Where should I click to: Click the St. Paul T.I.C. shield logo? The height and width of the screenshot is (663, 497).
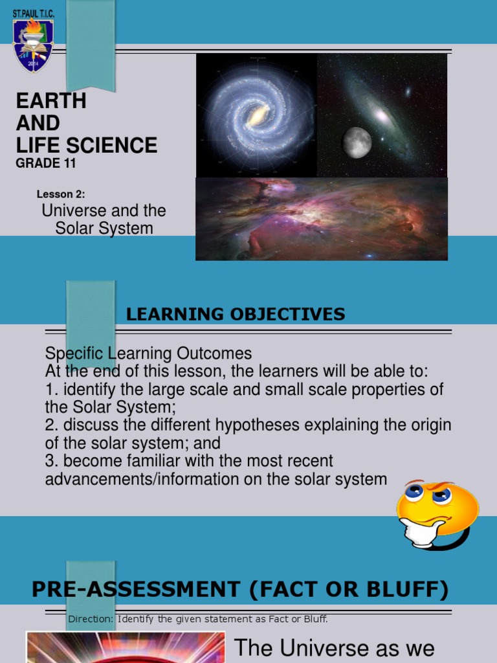[33, 44]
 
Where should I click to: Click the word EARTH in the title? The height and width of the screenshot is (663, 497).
[50, 101]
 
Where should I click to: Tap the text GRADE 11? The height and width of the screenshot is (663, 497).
[45, 163]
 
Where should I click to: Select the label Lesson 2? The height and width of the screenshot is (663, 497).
[61, 194]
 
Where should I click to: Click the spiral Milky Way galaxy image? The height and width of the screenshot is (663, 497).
[257, 115]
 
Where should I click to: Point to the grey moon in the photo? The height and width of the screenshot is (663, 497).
[357, 142]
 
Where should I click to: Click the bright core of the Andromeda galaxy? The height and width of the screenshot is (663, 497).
[382, 117]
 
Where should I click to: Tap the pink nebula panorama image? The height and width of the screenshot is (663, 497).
[322, 219]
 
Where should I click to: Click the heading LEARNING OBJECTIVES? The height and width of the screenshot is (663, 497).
[236, 315]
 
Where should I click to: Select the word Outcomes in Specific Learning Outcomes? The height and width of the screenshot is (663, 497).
[211, 354]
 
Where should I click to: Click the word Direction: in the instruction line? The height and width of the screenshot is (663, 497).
[91, 620]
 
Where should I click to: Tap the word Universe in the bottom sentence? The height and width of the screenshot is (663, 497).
[315, 647]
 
